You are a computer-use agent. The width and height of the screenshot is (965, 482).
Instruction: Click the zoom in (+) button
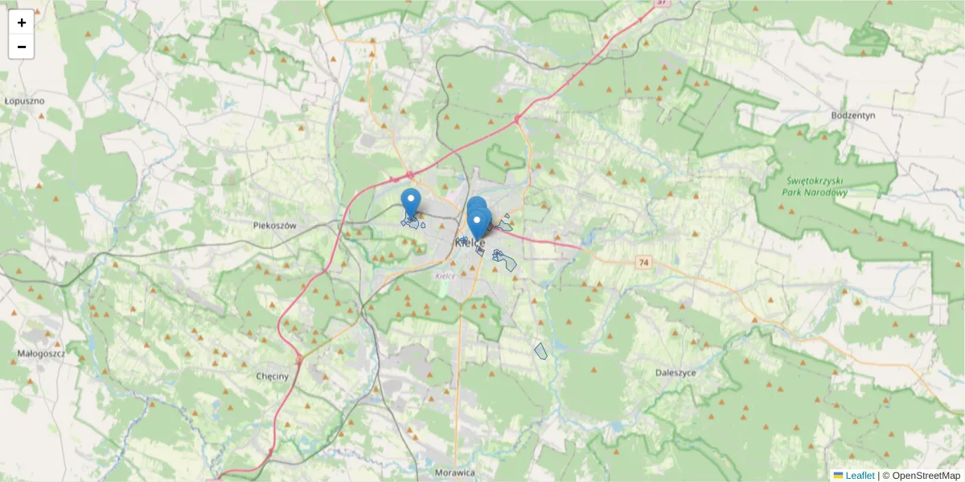click(x=22, y=22)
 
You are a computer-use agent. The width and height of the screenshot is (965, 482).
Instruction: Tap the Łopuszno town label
click(x=24, y=101)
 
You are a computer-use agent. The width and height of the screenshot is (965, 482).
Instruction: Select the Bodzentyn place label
click(x=853, y=116)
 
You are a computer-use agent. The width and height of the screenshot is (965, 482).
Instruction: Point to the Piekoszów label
click(x=274, y=226)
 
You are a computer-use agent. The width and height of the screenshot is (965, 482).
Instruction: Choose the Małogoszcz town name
click(x=41, y=353)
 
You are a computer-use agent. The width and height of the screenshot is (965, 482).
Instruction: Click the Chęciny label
click(x=272, y=376)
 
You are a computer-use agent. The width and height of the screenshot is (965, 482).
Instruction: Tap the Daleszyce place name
click(x=675, y=374)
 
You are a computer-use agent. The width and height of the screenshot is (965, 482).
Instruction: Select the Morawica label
click(x=454, y=472)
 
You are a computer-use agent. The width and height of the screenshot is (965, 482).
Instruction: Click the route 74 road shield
click(x=643, y=263)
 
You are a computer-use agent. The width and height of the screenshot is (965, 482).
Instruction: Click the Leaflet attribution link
click(x=860, y=476)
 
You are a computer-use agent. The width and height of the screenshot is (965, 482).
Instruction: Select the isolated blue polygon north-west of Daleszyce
click(x=540, y=350)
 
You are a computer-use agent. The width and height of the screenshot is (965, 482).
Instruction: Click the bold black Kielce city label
click(x=470, y=243)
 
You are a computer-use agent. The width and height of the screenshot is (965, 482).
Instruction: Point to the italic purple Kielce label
click(x=445, y=276)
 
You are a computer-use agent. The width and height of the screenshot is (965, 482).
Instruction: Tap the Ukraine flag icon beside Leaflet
click(x=838, y=476)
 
